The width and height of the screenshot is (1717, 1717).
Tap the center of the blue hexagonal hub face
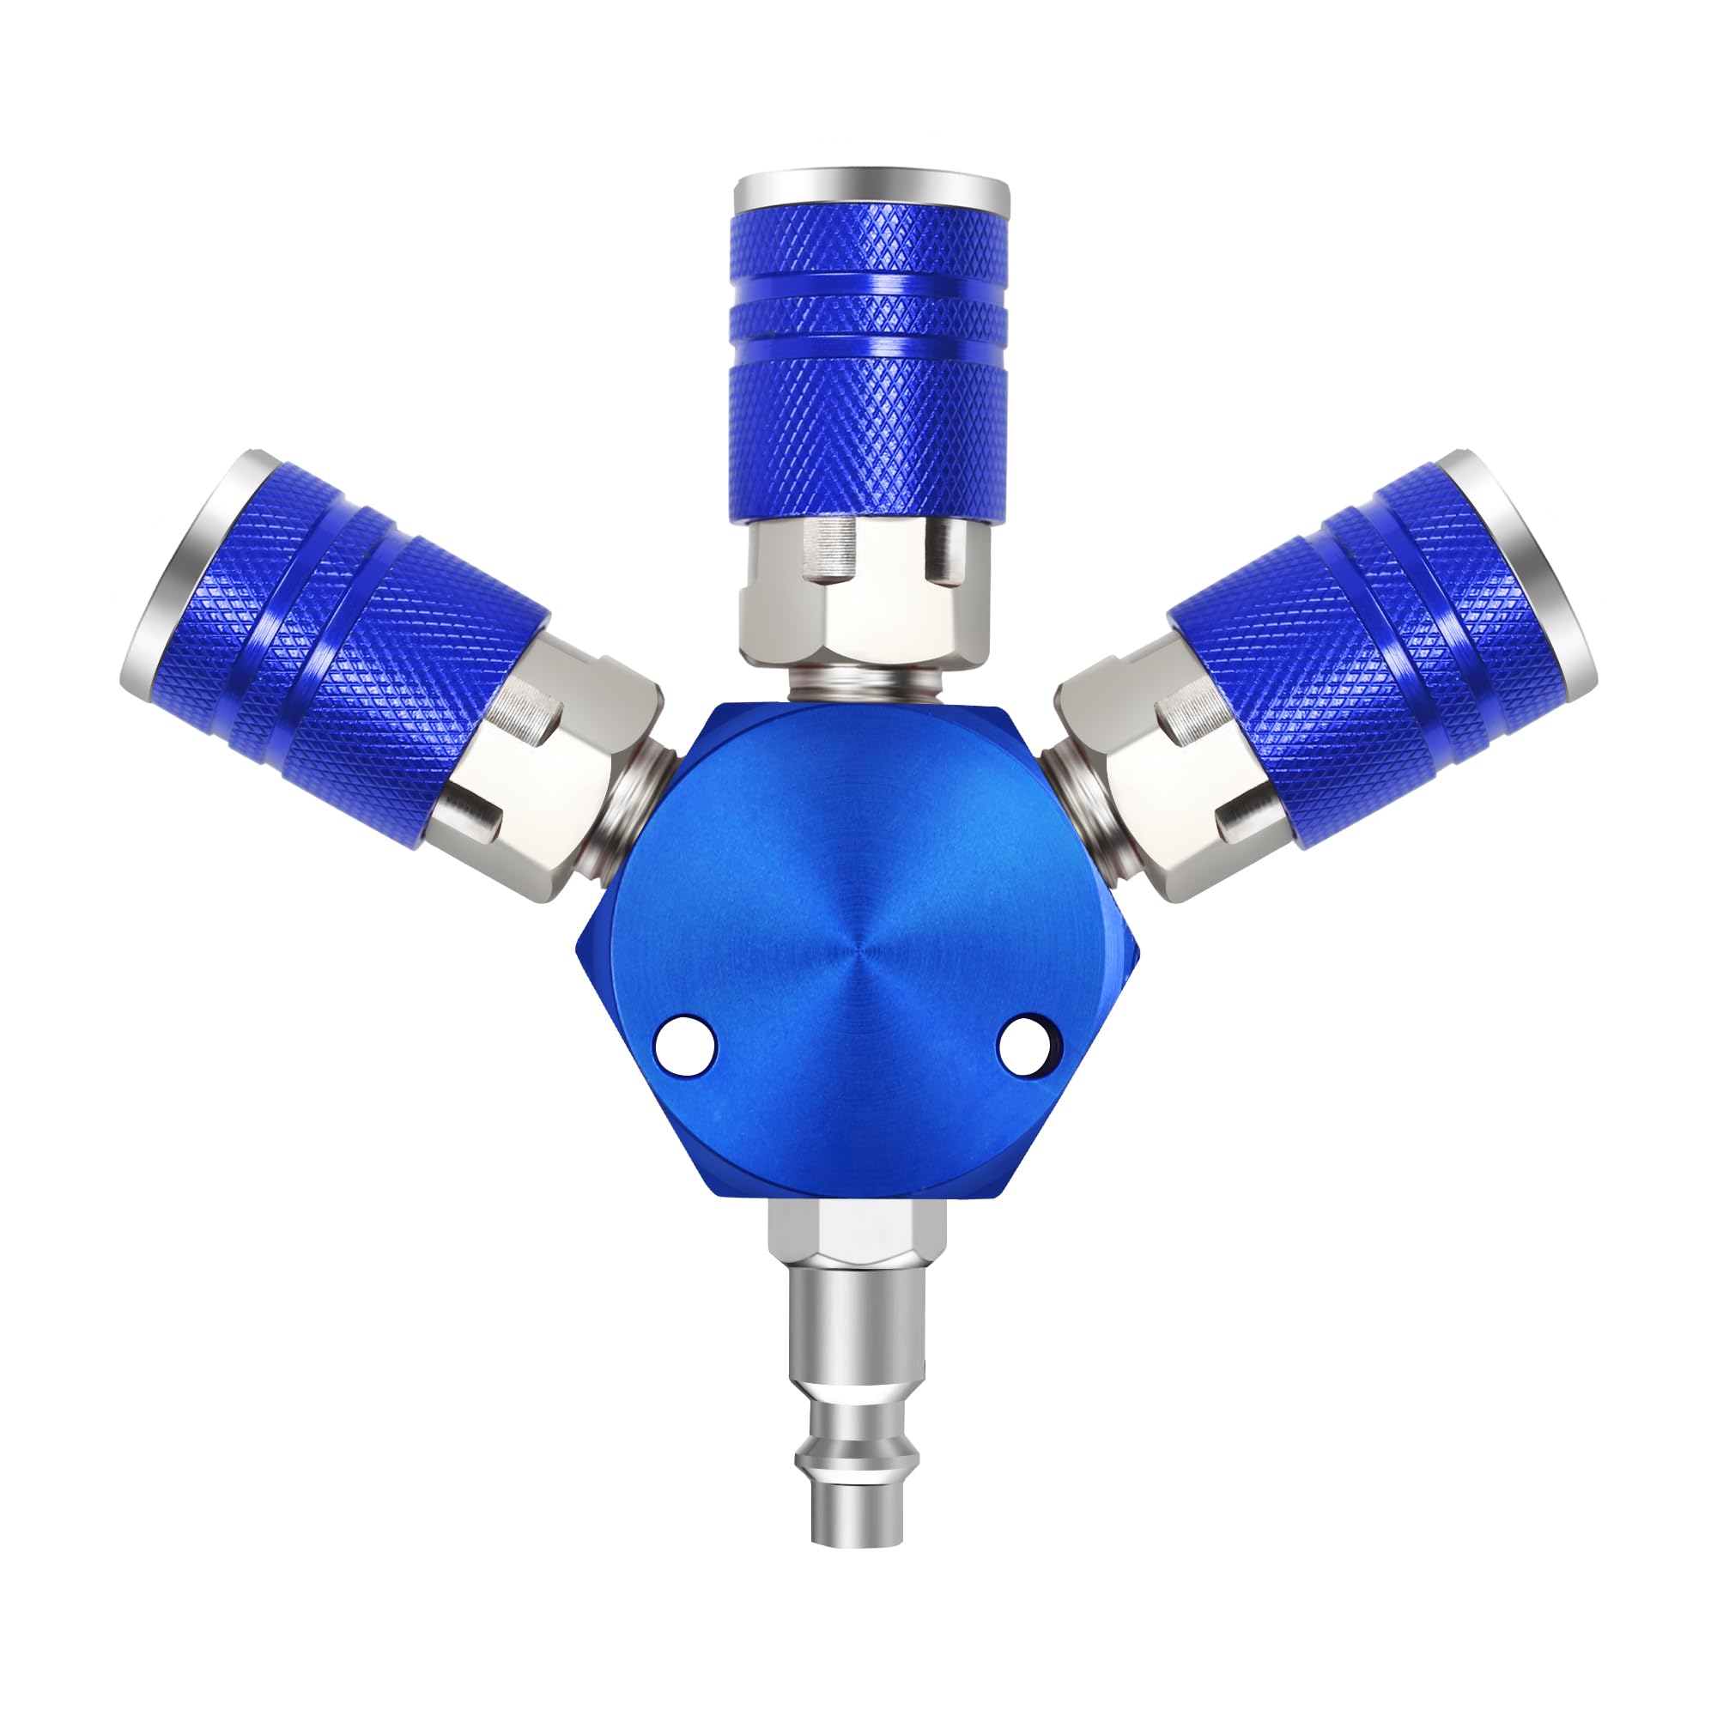point(858,960)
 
